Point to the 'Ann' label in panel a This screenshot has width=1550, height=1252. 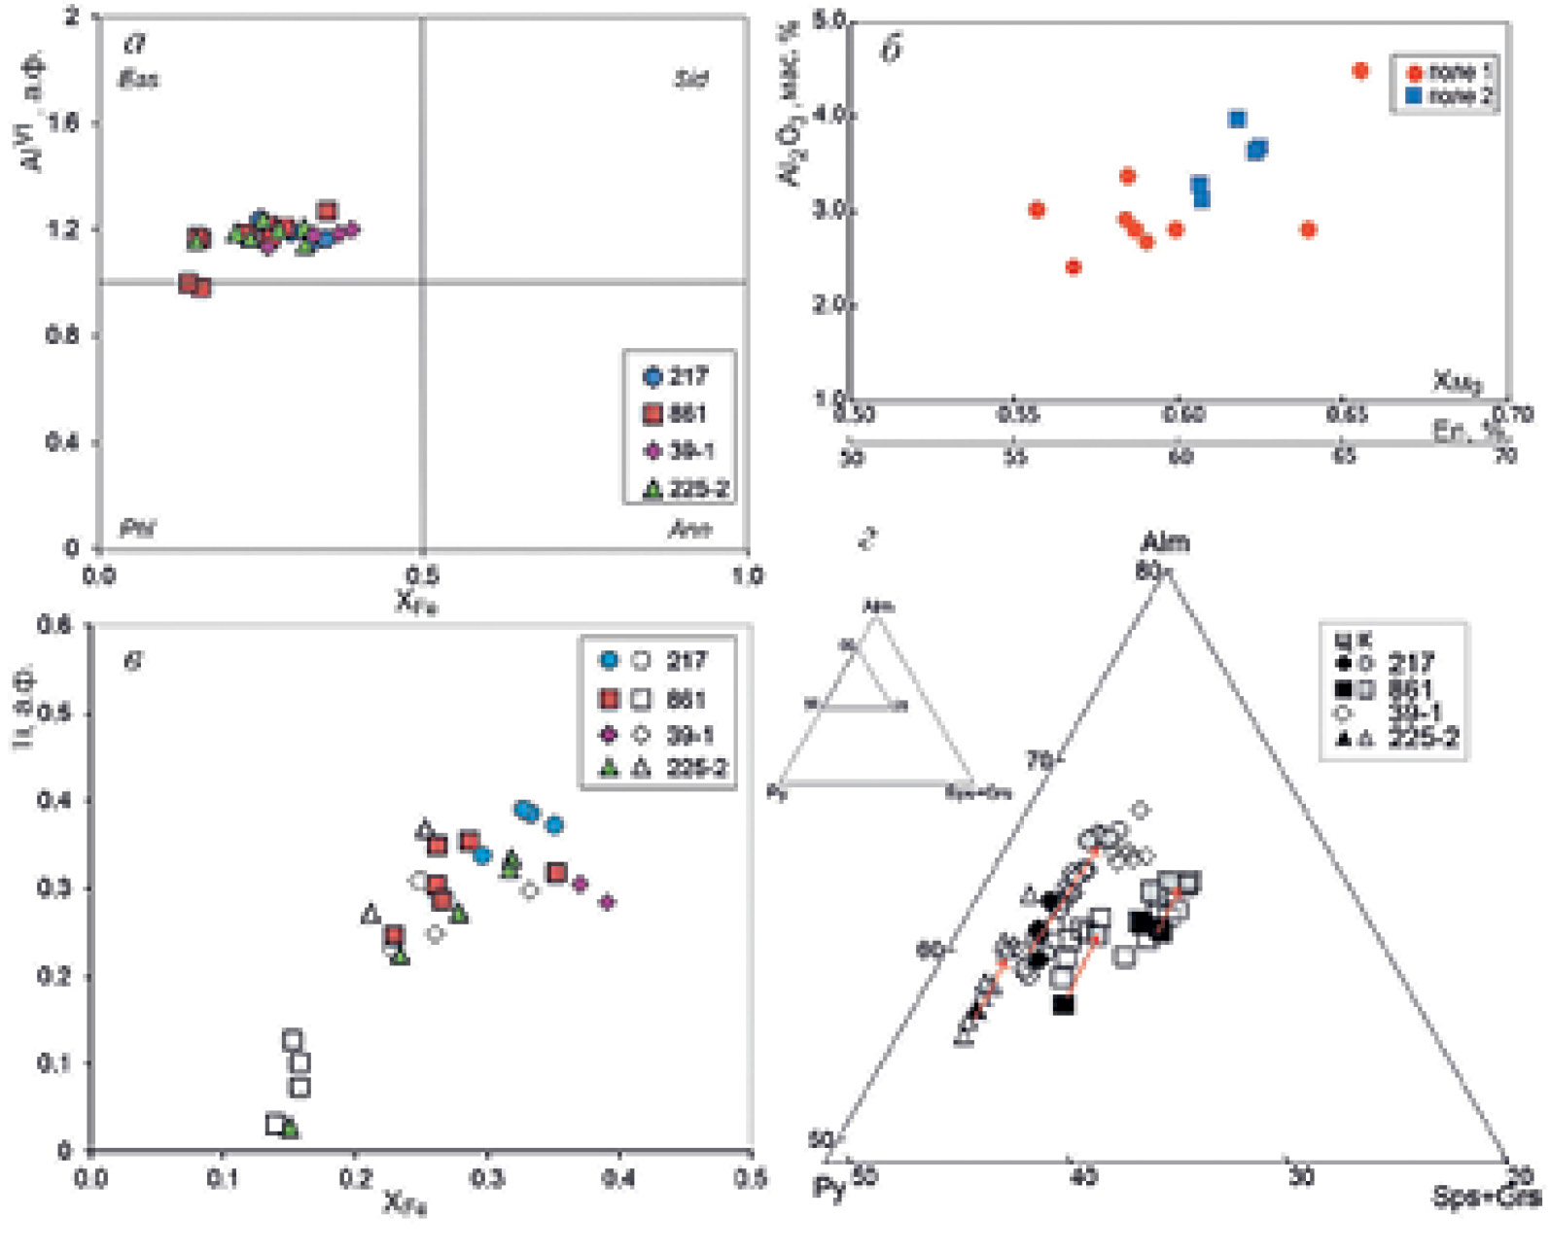pyautogui.click(x=689, y=530)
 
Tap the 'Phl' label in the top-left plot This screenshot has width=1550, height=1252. pyautogui.click(x=137, y=530)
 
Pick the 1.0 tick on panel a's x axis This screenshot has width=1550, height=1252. pyautogui.click(x=746, y=576)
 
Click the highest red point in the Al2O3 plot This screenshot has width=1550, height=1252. pyautogui.click(x=1360, y=71)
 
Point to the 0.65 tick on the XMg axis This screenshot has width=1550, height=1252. pyautogui.click(x=1345, y=415)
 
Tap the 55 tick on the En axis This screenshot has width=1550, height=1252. pyautogui.click(x=1015, y=456)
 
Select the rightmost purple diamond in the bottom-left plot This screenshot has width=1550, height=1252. pyautogui.click(x=608, y=902)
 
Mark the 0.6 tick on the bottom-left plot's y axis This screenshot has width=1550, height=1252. pyautogui.click(x=53, y=625)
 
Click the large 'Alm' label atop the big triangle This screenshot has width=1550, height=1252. pyautogui.click(x=1165, y=542)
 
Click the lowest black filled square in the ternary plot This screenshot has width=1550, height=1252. pyautogui.click(x=1064, y=1004)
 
